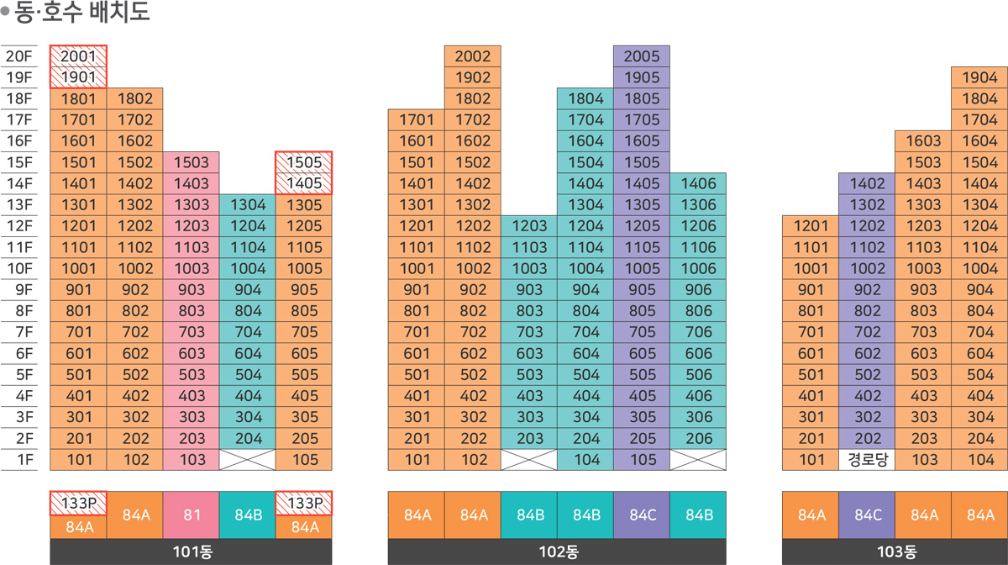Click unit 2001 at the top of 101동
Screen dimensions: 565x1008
pos(78,56)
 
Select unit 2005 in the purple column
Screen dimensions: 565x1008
pos(642,56)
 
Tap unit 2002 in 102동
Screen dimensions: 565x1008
pos(472,56)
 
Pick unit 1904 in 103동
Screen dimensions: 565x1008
pos(979,77)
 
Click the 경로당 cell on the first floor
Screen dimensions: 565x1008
pos(867,460)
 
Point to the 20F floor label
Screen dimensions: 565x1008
pos(18,56)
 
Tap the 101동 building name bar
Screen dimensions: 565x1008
pos(191,552)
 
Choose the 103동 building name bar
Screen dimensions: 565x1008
pos(895,552)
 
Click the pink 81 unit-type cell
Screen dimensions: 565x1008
pos(191,515)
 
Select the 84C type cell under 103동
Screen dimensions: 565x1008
pos(867,515)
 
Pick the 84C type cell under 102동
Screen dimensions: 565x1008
pos(642,515)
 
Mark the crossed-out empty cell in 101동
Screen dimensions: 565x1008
pos(247,460)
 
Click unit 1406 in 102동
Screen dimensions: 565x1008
pos(698,183)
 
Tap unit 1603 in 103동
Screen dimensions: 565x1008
pos(923,141)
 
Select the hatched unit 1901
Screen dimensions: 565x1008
pos(78,77)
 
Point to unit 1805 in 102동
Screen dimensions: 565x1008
pos(642,99)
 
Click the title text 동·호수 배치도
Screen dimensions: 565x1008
pos(81,14)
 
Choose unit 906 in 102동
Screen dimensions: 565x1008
pos(698,290)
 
